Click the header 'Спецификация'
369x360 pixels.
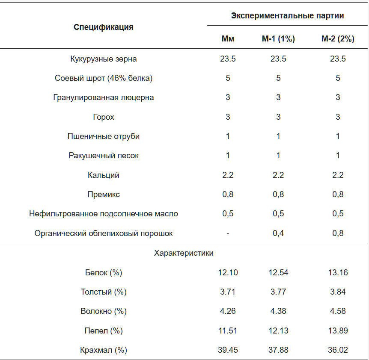(104, 27)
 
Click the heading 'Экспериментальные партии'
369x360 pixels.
(288, 16)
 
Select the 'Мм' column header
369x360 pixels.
(228, 39)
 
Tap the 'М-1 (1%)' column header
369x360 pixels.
(278, 39)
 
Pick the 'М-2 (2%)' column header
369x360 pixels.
(338, 39)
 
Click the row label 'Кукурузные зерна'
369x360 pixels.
(104, 59)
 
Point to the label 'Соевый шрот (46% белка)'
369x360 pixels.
(104, 78)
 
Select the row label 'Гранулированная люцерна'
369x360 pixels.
(104, 97)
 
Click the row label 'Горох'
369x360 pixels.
(104, 117)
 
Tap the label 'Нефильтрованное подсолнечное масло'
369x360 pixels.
(104, 214)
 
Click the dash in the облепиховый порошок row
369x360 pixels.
(228, 233)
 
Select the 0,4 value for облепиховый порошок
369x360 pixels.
(278, 233)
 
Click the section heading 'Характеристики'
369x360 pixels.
(184, 253)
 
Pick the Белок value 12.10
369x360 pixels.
(228, 273)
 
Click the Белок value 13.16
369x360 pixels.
(338, 273)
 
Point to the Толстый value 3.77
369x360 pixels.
(278, 292)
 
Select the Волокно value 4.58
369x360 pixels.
(338, 311)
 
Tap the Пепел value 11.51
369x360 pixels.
(228, 331)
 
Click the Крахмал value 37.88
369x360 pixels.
(278, 350)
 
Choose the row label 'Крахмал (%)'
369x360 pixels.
(104, 350)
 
